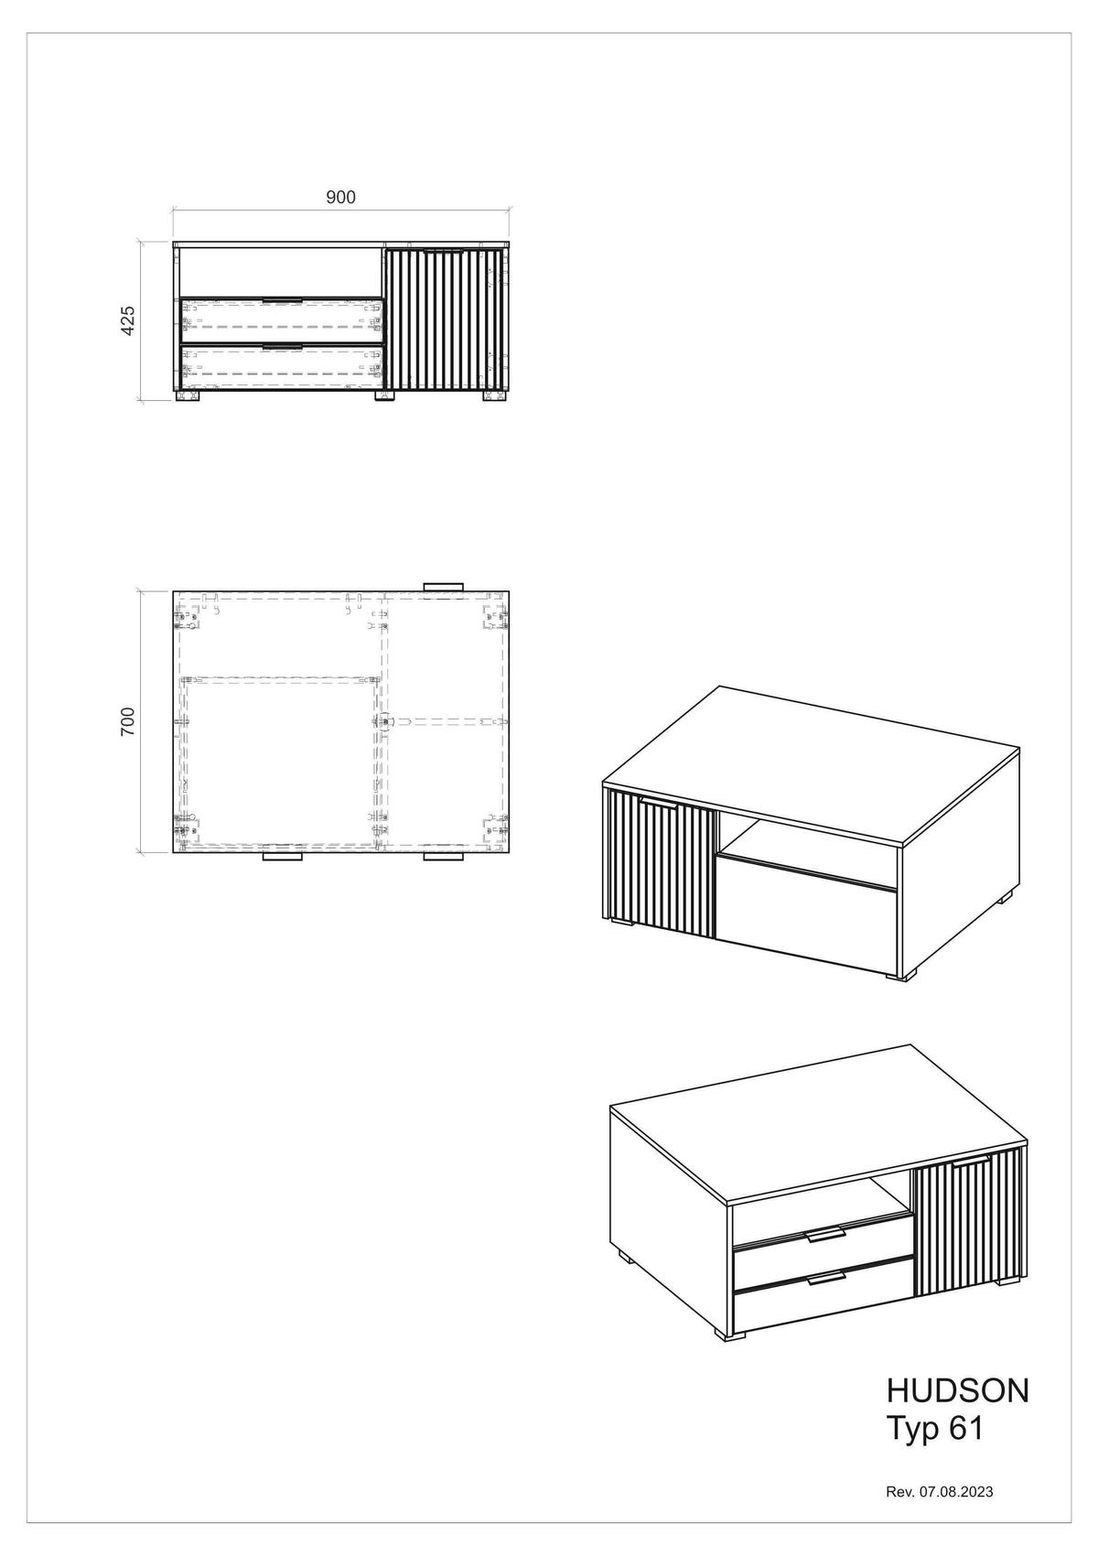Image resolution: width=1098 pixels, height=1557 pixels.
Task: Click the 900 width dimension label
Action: [x=340, y=197]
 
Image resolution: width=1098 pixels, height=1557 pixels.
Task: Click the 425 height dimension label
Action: [x=128, y=320]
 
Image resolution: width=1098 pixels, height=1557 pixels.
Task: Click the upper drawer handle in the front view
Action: [x=282, y=300]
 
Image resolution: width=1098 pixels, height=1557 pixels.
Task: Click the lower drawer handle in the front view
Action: [x=282, y=347]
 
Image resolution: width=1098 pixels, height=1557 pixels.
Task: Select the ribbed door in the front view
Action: [x=445, y=320]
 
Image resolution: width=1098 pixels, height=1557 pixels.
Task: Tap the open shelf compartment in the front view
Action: [x=278, y=270]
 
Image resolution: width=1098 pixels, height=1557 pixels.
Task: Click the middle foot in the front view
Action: [x=384, y=396]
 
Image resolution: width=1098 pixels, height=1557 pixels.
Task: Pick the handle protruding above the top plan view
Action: [x=444, y=586]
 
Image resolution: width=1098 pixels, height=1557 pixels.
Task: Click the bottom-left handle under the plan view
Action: [x=283, y=858]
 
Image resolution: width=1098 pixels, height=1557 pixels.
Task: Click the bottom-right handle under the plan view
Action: [x=444, y=858]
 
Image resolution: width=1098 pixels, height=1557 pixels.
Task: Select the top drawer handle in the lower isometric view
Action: [x=824, y=1237]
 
